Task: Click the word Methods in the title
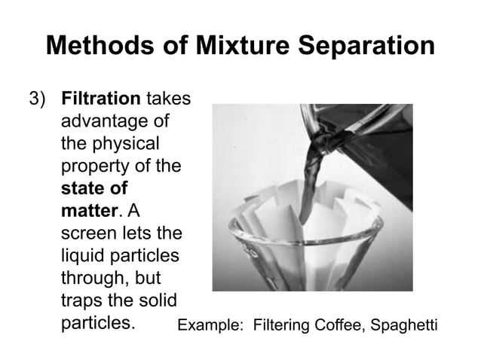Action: pyautogui.click(x=97, y=47)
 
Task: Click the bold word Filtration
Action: pyautogui.click(x=101, y=99)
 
